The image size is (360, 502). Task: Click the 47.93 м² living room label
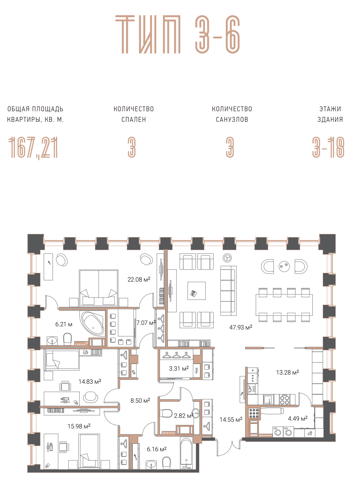click(241, 327)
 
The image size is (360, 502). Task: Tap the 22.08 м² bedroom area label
click(139, 279)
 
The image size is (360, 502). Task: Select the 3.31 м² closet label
click(179, 369)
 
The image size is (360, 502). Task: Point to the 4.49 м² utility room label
click(298, 419)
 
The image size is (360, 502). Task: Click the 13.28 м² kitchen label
click(287, 372)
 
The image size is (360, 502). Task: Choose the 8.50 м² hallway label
click(140, 401)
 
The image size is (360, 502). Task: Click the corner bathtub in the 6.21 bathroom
click(92, 323)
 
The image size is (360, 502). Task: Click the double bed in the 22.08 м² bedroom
click(99, 288)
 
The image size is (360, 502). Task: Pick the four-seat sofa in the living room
click(228, 291)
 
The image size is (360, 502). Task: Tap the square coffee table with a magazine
click(197, 291)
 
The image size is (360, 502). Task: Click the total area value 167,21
click(33, 148)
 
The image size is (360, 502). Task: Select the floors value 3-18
click(328, 148)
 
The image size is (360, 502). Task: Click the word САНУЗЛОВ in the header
click(232, 119)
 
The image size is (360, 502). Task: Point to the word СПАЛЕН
click(134, 119)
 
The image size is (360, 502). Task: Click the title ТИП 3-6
click(178, 34)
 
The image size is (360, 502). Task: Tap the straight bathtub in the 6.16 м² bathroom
click(186, 453)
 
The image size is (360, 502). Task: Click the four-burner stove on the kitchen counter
click(284, 400)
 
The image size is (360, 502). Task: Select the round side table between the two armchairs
click(284, 266)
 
